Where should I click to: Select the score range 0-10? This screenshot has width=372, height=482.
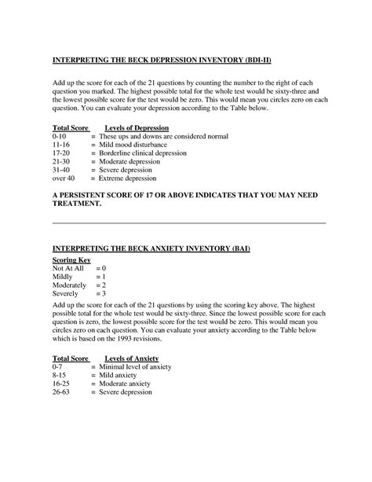point(60,136)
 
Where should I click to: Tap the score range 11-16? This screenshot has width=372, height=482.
point(61,146)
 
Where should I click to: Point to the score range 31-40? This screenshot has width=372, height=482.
point(61,169)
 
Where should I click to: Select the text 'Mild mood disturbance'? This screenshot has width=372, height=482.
point(134,146)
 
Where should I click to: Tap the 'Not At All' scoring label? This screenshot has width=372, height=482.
point(67,269)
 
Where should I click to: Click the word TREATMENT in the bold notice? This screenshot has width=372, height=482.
point(77,203)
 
